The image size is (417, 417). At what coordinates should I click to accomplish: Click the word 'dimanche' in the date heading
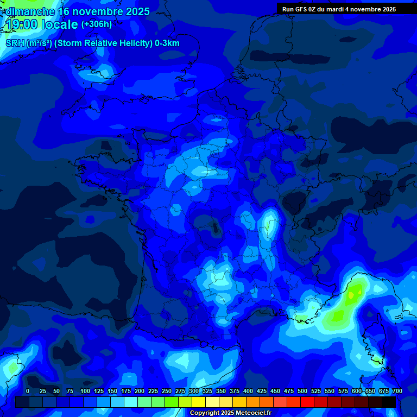click(30, 11)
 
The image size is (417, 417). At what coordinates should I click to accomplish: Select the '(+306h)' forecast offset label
click(97, 24)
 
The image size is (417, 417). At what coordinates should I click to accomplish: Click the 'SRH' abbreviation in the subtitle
click(15, 43)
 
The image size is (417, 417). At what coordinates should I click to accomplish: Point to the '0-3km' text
click(167, 43)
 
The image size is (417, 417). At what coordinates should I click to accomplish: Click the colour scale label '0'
click(28, 391)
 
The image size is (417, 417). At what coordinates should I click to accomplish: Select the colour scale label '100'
click(85, 391)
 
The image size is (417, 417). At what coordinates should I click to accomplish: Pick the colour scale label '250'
click(166, 391)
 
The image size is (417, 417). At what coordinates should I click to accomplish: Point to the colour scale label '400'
click(248, 391)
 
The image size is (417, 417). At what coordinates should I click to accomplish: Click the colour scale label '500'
click(302, 391)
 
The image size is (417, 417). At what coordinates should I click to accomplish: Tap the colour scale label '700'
click(397, 391)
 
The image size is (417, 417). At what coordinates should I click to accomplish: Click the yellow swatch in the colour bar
click(199, 402)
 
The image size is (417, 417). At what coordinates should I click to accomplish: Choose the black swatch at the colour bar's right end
click(388, 402)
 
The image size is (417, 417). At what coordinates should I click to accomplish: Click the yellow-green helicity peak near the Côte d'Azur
click(354, 293)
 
